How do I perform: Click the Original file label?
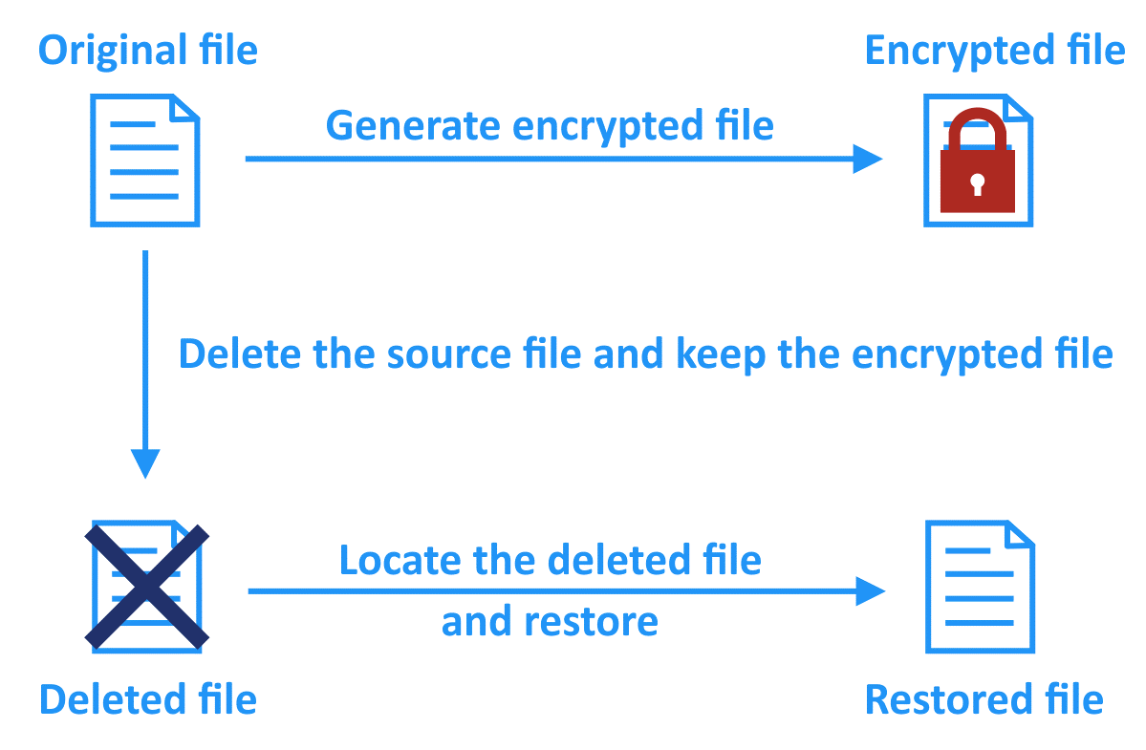pos(147,50)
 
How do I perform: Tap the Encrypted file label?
pos(994,50)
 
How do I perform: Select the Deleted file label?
pos(147,699)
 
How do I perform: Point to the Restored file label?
pos(984,699)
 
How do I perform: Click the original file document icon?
pos(145,160)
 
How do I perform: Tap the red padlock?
pos(976,167)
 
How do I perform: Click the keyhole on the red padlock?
pos(976,182)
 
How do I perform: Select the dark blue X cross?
pos(146,586)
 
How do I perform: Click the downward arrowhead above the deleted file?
pos(145,463)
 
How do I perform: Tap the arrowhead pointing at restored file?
pos(870,591)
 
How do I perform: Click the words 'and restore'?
pos(550,622)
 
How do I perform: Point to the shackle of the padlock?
pos(976,129)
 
